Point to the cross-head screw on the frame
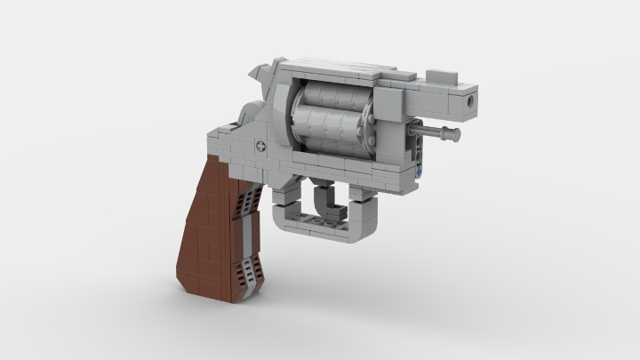click(261, 145)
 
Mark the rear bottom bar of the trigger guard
click(289, 227)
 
